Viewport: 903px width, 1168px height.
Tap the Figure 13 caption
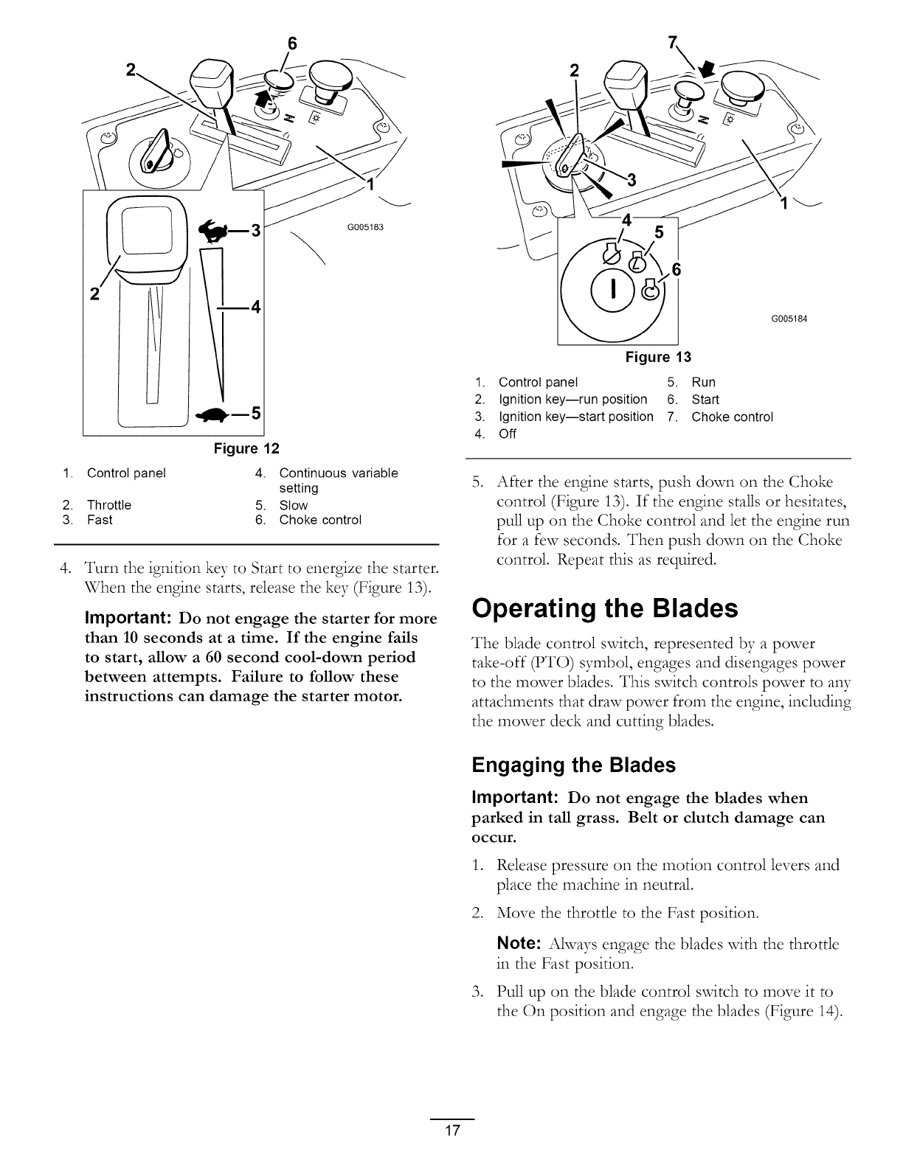[x=658, y=358]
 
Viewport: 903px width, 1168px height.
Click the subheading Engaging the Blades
[x=573, y=765]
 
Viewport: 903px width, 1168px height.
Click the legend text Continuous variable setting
[x=338, y=480]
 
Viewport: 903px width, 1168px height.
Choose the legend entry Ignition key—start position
[x=575, y=417]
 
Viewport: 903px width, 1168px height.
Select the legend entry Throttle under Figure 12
[x=108, y=505]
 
